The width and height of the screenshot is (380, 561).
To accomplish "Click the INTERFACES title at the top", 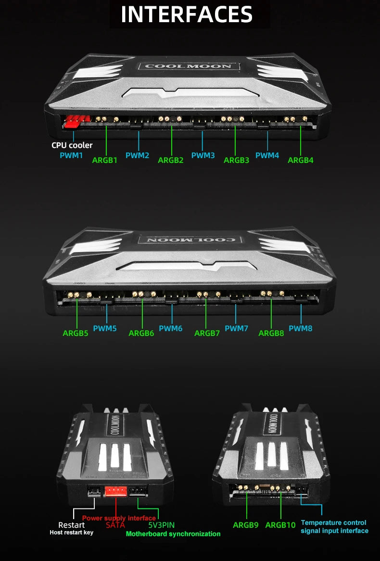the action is pos(187,14).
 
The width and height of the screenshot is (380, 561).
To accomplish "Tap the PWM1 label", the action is pos(71,156).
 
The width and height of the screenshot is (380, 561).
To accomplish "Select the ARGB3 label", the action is pos(237,160).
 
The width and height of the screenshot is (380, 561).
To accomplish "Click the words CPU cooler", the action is pos(72,145).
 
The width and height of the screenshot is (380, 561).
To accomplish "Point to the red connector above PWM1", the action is pos(75,121).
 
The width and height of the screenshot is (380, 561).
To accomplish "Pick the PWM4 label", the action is pos(267,156).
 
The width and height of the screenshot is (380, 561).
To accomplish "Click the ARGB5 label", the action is pos(76,333).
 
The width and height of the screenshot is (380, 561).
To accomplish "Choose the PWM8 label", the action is pos(300,328).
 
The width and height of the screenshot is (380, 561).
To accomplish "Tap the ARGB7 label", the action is pos(207,333).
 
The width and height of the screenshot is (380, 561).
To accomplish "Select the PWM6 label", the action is pos(171,328).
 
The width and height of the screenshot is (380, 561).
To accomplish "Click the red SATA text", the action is pos(115,525).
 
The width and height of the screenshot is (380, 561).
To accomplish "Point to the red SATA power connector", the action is pos(116,491).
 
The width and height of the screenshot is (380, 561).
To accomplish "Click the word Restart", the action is pos(71,525).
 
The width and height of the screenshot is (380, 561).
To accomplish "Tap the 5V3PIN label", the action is pos(162,525).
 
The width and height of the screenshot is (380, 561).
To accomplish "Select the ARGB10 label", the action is pos(280,525).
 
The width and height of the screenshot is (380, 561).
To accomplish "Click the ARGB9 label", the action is pos(245,525).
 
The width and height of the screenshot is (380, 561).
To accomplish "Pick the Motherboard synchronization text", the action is pos(173,534).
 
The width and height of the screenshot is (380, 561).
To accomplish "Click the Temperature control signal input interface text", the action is pos(334,527).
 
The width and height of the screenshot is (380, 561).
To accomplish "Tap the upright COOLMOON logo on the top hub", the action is pos(189,66).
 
